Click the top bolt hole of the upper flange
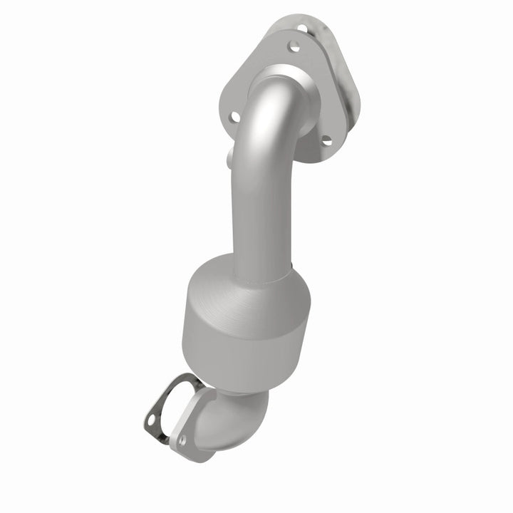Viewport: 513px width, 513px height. point(291,47)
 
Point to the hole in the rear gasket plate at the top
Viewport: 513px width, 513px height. point(302,28)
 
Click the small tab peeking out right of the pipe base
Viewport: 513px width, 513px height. point(294,272)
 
